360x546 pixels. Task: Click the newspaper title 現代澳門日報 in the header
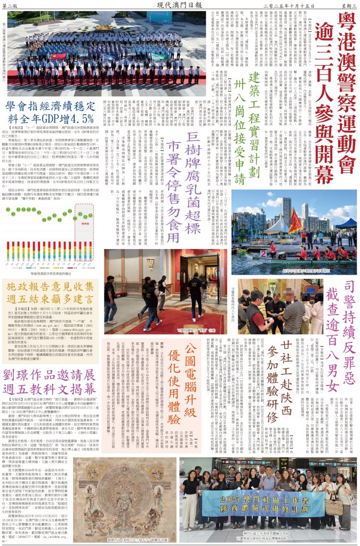179,5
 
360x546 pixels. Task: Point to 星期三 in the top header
348,5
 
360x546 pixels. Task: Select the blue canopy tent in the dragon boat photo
346,223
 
